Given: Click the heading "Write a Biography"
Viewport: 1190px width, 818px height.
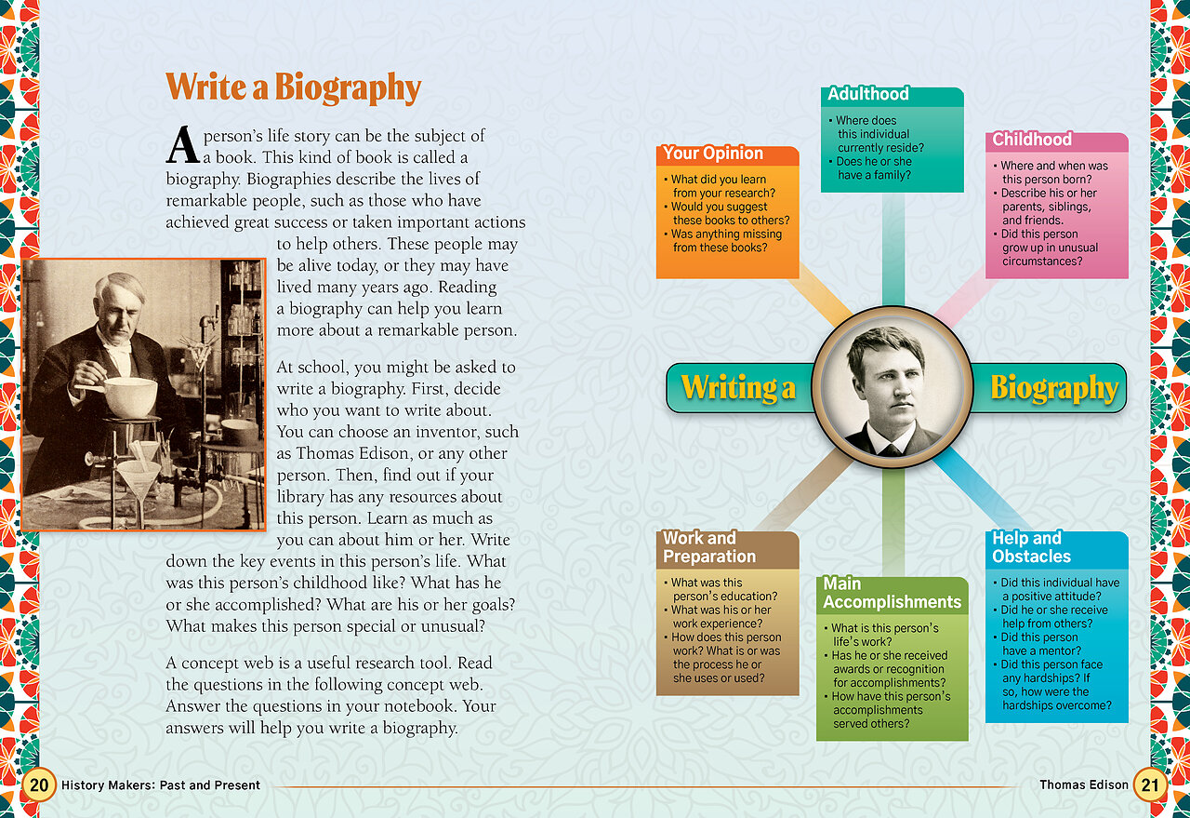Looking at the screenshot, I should coord(293,88).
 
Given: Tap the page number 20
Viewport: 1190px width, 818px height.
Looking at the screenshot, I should coord(38,784).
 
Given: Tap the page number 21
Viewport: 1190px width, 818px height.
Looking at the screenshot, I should coord(1150,784).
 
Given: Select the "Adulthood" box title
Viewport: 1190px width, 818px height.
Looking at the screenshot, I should coord(868,94).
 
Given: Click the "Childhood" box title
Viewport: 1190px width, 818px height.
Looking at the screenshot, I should coord(1032,140).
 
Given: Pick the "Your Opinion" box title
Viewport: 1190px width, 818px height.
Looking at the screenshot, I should coord(713,154).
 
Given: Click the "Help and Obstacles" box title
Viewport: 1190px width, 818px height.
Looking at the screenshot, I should coord(1031,547).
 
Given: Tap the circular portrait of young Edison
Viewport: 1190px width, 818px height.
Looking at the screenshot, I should coord(892,387).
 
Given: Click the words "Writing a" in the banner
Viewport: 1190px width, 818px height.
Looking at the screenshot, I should coord(738,388).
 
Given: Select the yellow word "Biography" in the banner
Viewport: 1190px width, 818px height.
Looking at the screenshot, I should coord(1053,388).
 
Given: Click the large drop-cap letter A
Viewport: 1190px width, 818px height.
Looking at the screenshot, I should coord(183,145).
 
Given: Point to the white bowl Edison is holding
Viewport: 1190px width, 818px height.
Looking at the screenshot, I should coord(129,396).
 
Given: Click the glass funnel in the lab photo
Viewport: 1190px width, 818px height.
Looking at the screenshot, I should coord(138,480).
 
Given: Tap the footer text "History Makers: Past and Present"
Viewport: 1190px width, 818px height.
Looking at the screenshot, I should coord(161,785).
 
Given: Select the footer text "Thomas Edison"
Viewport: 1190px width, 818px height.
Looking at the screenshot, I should coord(1083,785).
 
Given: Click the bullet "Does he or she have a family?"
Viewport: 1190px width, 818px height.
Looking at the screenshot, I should coord(873,168).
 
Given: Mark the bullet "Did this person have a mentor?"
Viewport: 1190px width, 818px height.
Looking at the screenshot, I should coord(1039,644).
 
